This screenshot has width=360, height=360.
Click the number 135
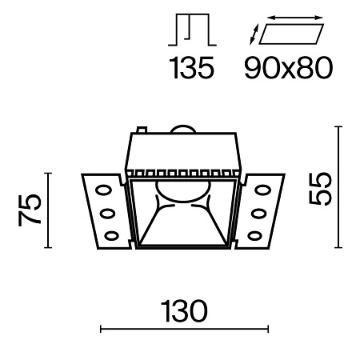193,70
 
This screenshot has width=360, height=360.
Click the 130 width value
183,309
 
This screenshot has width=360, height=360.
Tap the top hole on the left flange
104,190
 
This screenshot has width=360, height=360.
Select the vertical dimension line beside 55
339,187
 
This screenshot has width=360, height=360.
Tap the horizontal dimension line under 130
183,328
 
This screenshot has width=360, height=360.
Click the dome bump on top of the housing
183,130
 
